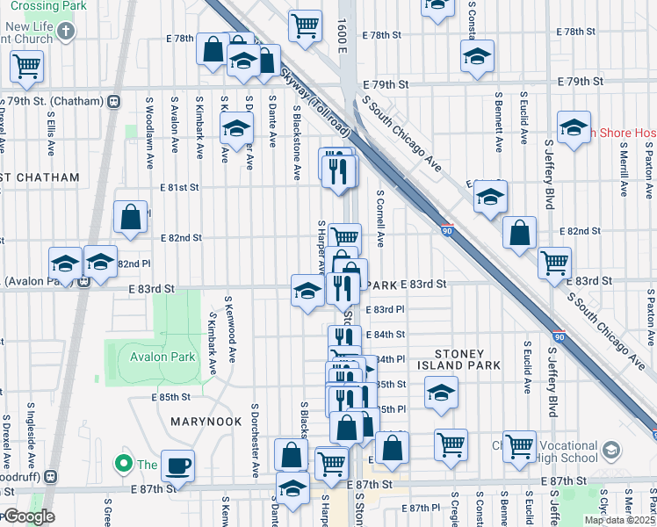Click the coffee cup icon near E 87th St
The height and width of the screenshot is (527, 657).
177,466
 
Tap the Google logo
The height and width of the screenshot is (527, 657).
28,516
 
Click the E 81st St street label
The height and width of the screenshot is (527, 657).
180,187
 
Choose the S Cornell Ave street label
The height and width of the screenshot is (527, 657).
380,220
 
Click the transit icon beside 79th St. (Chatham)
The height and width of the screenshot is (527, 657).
113,102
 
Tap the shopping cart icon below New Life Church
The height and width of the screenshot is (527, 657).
27,66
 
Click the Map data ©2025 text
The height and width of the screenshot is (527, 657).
619,520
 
